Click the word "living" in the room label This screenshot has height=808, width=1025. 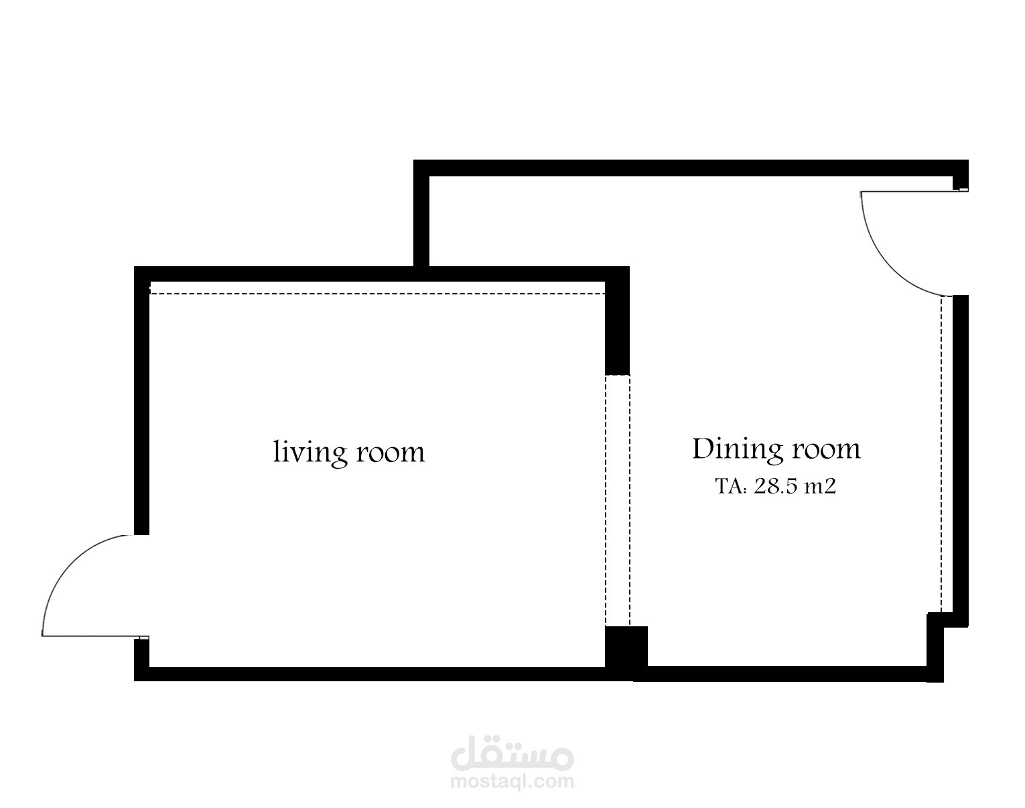[x=310, y=453]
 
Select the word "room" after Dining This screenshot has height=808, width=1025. [x=827, y=450]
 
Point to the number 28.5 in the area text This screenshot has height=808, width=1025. [x=774, y=486]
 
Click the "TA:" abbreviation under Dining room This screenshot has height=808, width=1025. [x=731, y=487]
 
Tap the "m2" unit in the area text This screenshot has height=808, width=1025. [x=819, y=487]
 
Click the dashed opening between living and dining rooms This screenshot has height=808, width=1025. [x=618, y=500]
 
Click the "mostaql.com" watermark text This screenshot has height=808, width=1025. [x=512, y=783]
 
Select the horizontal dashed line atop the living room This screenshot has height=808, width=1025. [x=377, y=294]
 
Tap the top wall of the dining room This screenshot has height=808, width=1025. [x=691, y=168]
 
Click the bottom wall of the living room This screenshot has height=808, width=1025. [x=383, y=674]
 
